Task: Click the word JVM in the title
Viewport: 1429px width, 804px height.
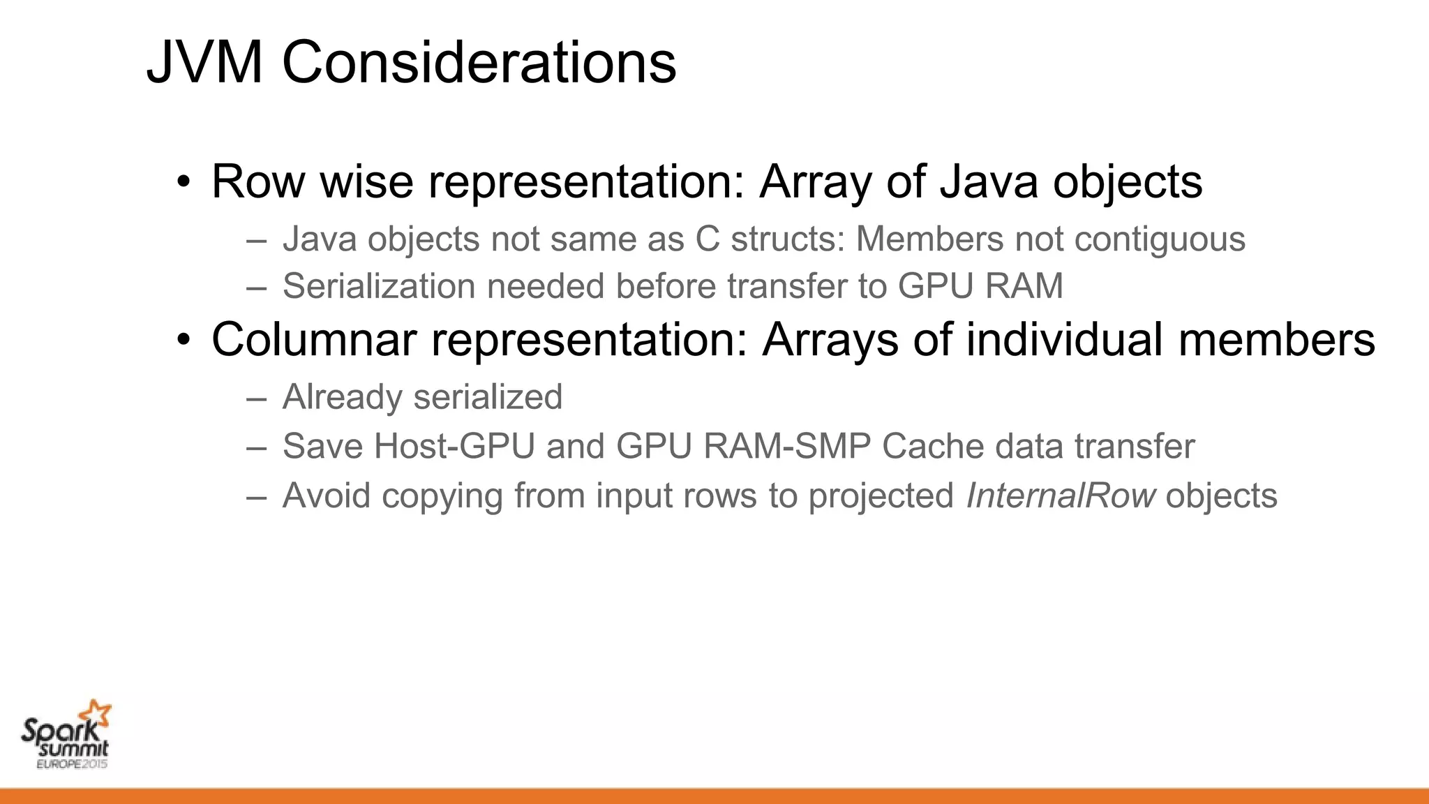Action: [205, 63]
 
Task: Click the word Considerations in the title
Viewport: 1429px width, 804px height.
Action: [479, 63]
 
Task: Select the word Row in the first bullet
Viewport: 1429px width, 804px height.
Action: [258, 181]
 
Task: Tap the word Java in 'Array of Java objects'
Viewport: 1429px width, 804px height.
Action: [989, 181]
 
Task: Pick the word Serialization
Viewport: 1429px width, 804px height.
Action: [373, 286]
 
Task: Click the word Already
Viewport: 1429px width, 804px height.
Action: [342, 398]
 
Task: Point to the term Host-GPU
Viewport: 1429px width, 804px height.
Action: [454, 447]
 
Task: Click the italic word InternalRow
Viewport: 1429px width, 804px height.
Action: [1061, 496]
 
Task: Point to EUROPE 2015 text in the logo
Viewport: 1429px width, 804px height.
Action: [72, 764]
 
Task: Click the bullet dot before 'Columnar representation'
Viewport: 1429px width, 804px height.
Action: [184, 341]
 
